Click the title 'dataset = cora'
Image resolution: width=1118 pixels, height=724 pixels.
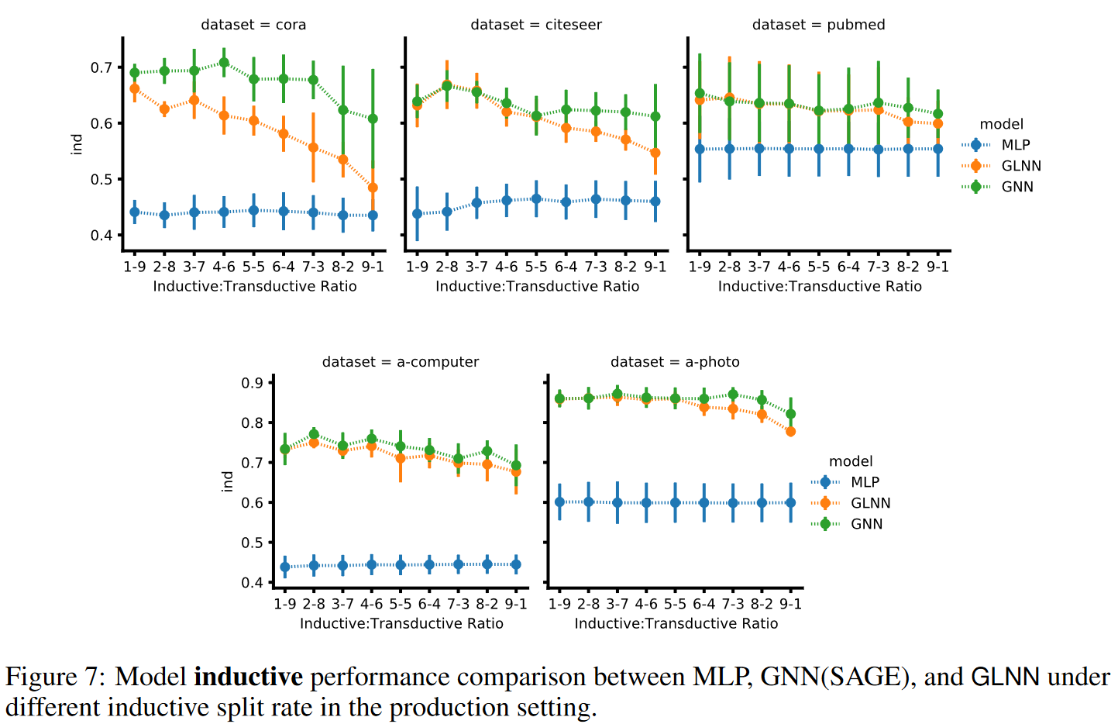click(253, 25)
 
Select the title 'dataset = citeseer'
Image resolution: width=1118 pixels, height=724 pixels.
click(536, 25)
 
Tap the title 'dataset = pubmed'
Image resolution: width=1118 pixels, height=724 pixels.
click(818, 25)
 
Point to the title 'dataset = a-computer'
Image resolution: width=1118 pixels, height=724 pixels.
click(401, 362)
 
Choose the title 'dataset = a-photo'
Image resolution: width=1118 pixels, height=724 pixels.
click(675, 362)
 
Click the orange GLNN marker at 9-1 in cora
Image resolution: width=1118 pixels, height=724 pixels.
click(373, 188)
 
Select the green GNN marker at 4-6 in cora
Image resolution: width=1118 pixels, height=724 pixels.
click(224, 63)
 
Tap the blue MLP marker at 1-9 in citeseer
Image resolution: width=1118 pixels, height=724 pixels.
click(417, 214)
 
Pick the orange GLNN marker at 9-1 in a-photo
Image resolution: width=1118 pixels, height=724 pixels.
click(790, 432)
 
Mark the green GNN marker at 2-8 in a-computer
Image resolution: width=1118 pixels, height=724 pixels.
click(314, 434)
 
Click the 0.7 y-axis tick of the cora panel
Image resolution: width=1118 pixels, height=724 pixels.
click(101, 67)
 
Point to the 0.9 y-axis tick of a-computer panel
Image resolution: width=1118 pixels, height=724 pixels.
click(252, 383)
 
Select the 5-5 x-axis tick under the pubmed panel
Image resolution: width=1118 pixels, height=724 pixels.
click(818, 267)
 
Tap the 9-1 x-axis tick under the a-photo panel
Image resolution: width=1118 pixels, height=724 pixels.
click(790, 604)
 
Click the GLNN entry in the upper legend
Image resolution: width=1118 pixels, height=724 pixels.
click(1021, 166)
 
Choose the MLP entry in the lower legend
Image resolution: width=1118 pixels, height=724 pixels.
click(865, 482)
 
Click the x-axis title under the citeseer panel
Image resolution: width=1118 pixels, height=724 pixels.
click(537, 286)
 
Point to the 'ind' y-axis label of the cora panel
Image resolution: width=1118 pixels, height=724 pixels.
click(77, 144)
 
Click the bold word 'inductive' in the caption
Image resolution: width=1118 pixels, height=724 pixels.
click(248, 677)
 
